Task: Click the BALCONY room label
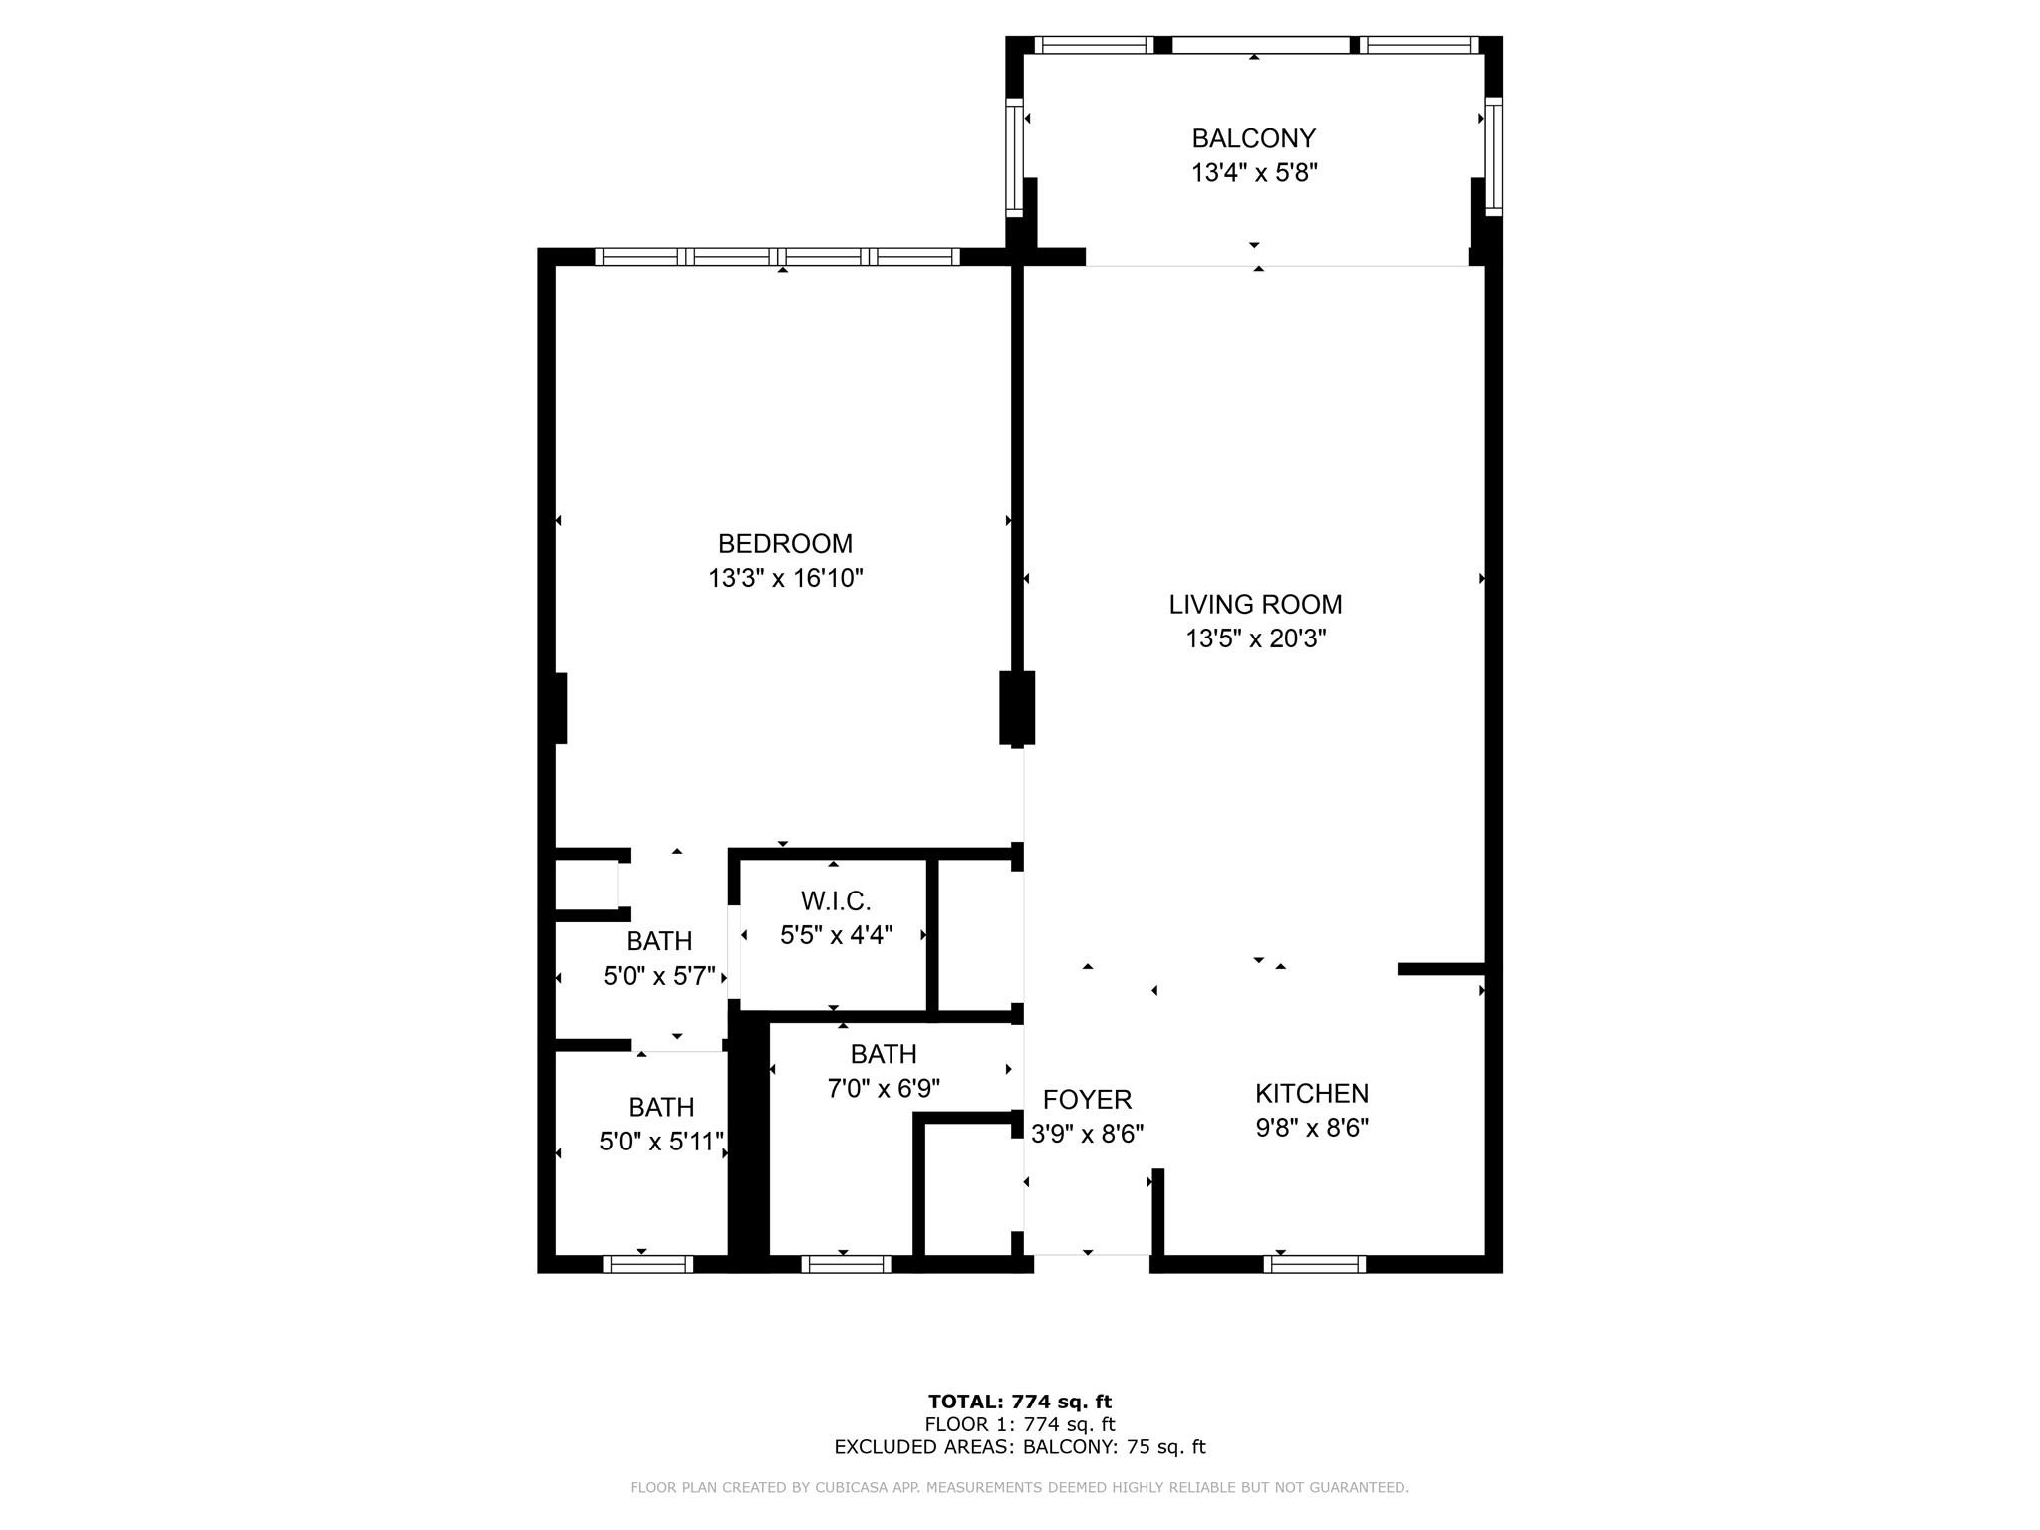pos(1254,138)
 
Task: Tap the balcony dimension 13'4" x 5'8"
pos(1254,173)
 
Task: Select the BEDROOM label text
pos(785,544)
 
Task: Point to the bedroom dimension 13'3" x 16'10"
pos(785,578)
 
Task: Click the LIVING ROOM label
pos(1255,605)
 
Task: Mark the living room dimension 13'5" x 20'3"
pos(1255,638)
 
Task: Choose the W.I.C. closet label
pos(836,901)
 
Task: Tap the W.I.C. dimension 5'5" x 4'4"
pos(836,935)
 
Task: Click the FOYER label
pos(1087,1100)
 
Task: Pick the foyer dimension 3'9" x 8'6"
pos(1087,1134)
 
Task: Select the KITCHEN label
pos(1312,1094)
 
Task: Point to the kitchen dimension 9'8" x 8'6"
pos(1312,1128)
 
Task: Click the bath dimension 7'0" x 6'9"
pos(884,1088)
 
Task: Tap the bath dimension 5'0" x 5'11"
pos(661,1142)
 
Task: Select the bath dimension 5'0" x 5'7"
pos(659,976)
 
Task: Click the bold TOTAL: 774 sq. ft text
pos(1019,1402)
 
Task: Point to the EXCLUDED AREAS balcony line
pos(1019,1447)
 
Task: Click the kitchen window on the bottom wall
pos(1314,1264)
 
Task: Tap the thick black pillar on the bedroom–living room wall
pos(1017,708)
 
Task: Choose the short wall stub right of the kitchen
pos(1441,969)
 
